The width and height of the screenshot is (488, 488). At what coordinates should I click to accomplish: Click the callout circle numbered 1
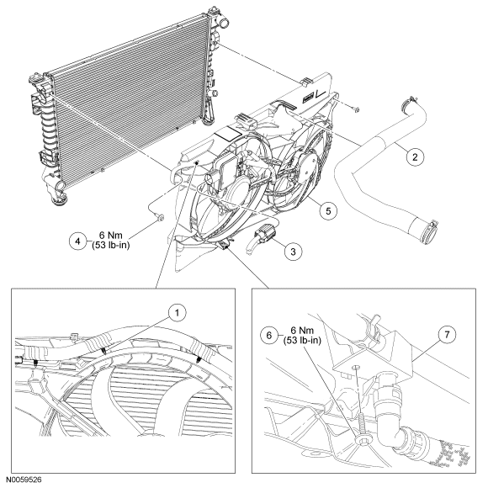[177, 312]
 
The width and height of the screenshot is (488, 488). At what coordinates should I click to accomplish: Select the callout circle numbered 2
[415, 156]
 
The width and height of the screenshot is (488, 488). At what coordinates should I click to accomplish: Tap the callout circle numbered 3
[293, 252]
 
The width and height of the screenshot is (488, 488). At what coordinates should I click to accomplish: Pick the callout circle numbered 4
[77, 241]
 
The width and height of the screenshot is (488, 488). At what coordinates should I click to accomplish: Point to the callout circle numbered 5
[329, 211]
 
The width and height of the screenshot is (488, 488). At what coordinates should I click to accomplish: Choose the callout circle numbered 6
[269, 335]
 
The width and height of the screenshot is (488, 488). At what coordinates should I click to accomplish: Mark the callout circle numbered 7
[448, 335]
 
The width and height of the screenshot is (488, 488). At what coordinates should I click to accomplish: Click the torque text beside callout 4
[111, 241]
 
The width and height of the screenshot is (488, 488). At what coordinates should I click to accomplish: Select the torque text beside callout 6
[302, 335]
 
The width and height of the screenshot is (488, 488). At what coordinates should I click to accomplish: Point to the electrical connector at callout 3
[264, 234]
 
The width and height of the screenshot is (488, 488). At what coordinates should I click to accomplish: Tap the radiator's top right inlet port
[223, 23]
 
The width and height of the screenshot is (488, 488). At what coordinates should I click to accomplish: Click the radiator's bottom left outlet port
[59, 187]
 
